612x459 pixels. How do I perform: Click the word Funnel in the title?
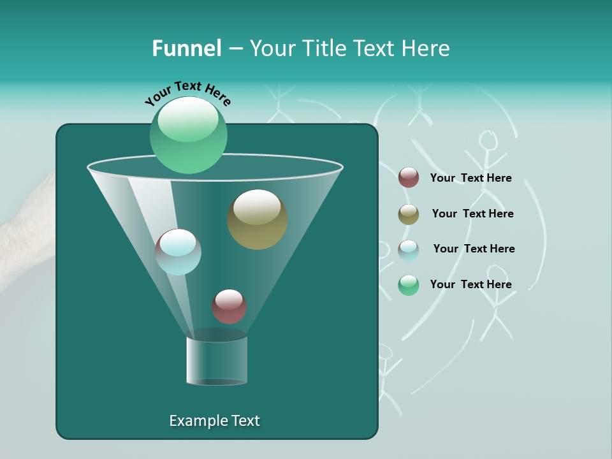click(x=186, y=48)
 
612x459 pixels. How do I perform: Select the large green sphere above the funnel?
click(x=189, y=136)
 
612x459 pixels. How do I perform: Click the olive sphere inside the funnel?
click(x=258, y=220)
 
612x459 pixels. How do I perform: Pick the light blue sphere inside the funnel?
click(x=178, y=252)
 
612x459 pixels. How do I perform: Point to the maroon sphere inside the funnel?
click(x=229, y=307)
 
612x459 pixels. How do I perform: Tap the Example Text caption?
click(x=214, y=421)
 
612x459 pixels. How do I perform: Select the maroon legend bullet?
click(x=409, y=178)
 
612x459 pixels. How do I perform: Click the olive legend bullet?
click(x=409, y=214)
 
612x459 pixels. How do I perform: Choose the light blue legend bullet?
click(x=409, y=250)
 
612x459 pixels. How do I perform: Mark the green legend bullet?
click(x=409, y=285)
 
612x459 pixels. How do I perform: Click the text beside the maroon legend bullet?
click(x=470, y=178)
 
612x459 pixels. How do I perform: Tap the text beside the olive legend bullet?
click(x=472, y=214)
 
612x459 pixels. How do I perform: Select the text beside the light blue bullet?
click(x=474, y=249)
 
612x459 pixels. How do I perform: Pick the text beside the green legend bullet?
click(x=470, y=284)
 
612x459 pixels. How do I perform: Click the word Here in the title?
click(x=426, y=48)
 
